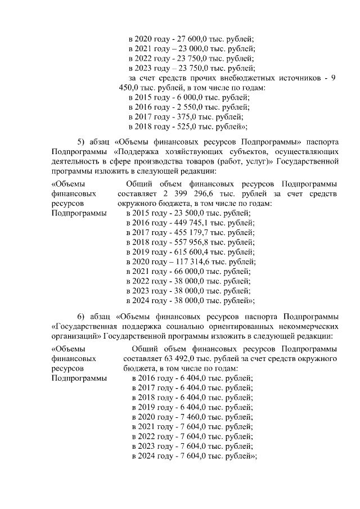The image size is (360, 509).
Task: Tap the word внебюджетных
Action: tap(249, 78)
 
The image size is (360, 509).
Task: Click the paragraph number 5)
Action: tap(81, 141)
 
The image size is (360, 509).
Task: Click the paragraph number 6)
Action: tap(81, 316)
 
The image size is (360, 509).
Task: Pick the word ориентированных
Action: tap(226, 325)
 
